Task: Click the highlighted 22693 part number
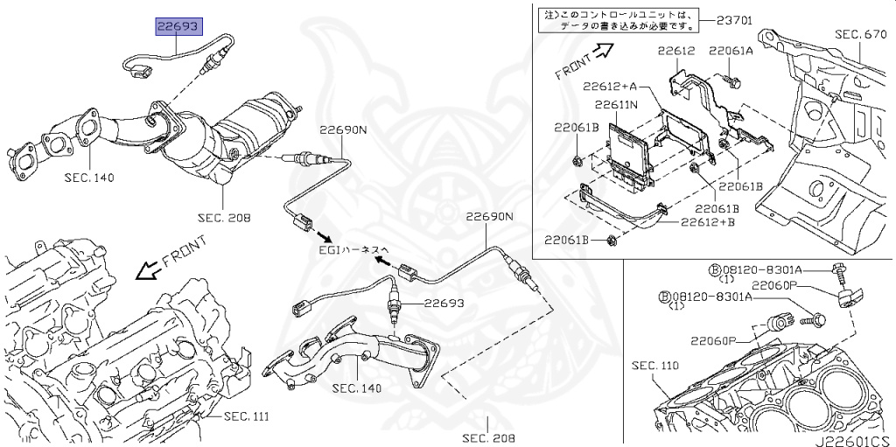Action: [x=178, y=26]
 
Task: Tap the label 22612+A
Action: [x=608, y=87]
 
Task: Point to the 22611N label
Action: [x=616, y=105]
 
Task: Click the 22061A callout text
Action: [x=731, y=51]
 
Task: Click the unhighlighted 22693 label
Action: [x=444, y=304]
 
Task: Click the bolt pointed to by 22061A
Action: [x=734, y=81]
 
